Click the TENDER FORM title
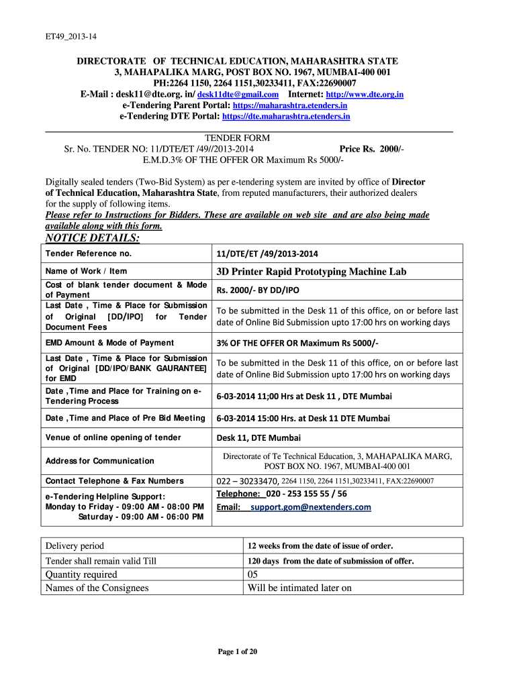(237, 139)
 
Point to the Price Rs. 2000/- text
(371, 149)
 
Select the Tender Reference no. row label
(88, 254)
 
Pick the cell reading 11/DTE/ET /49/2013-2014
(267, 254)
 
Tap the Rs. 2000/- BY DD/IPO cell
(258, 290)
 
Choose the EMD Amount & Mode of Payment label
(109, 343)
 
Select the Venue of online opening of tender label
(113, 437)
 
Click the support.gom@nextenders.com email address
(310, 507)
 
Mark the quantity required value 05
(253, 574)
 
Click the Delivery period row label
(75, 545)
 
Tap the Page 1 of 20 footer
(237, 651)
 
